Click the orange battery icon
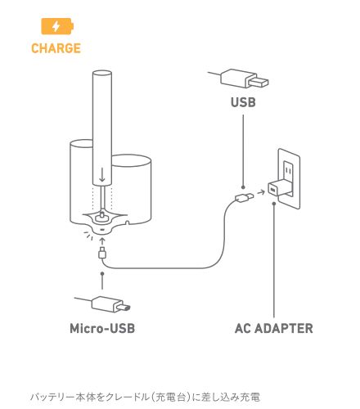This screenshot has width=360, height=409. click(57, 26)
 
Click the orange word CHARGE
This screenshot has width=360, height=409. click(56, 48)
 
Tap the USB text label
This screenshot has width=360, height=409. click(243, 102)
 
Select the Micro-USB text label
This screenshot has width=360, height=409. click(102, 328)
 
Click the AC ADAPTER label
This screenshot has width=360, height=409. click(274, 328)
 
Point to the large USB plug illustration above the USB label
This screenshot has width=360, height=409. click(239, 79)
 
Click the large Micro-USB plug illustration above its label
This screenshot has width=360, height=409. click(103, 303)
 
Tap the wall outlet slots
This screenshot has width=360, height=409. click(288, 170)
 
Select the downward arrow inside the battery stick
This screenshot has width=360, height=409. click(102, 175)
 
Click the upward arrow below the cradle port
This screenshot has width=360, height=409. click(102, 241)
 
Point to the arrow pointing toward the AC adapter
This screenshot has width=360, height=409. click(261, 192)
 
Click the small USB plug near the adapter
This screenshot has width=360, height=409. click(245, 197)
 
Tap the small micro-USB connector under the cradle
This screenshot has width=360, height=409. click(102, 253)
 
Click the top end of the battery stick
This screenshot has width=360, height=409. click(102, 73)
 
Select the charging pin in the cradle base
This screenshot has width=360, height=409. click(102, 215)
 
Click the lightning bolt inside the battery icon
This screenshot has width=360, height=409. click(56, 26)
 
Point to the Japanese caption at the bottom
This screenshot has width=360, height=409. click(145, 397)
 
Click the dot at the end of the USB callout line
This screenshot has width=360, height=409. click(243, 187)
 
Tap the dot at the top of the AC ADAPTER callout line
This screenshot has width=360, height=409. click(274, 203)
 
